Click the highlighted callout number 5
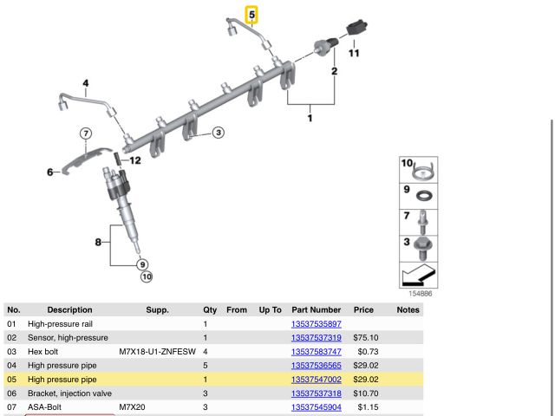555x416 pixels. point(252,15)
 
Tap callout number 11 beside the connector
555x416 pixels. point(354,54)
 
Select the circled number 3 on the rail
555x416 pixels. point(219,132)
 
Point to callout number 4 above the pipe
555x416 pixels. point(86,84)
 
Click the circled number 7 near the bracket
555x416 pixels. point(86,133)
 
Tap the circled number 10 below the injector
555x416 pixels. point(146,276)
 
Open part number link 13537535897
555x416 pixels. point(317,323)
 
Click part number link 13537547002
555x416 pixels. point(317,380)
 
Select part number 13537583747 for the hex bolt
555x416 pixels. point(317,352)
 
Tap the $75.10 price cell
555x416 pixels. point(363,337)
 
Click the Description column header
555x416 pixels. point(69,309)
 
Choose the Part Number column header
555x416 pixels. point(317,309)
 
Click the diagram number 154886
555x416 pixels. point(418,294)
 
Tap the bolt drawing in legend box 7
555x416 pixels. point(422,223)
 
